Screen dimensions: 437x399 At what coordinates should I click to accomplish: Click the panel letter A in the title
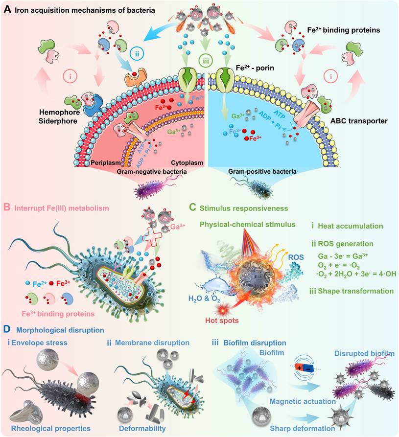coord(7,9)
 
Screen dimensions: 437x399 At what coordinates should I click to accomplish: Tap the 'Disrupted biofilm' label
coord(355,353)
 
